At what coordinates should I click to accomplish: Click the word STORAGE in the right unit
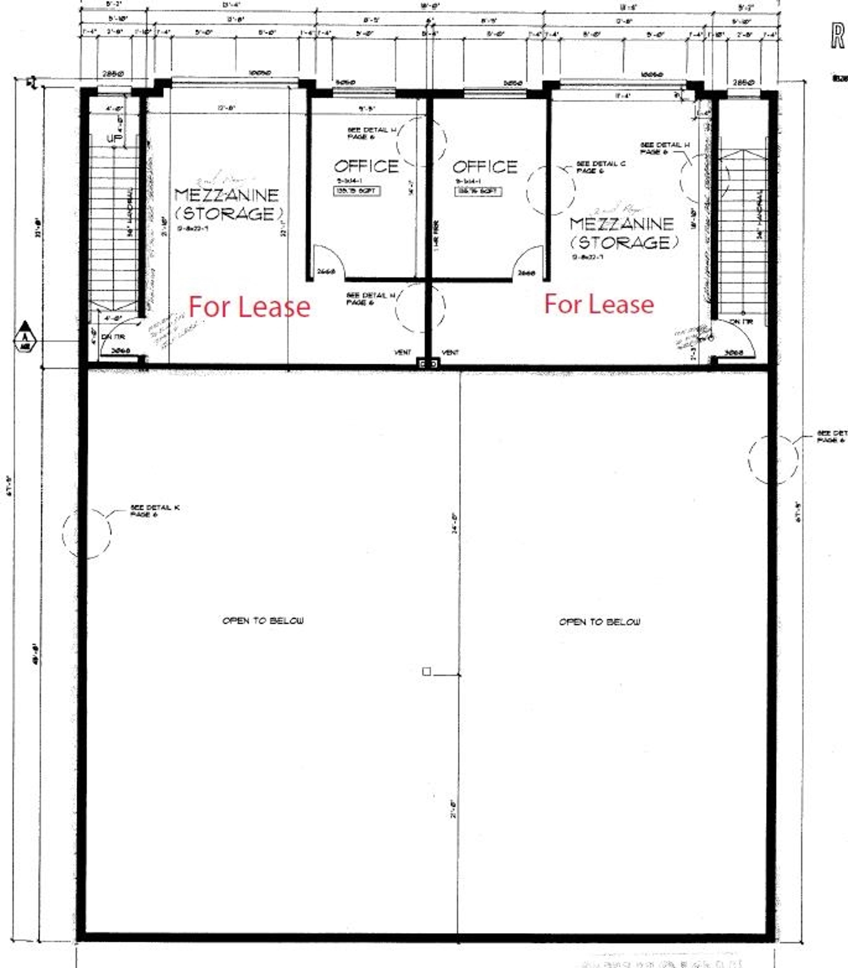[x=625, y=243]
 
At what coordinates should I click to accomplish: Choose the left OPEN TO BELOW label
[x=263, y=621]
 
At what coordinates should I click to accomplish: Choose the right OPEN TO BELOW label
[x=600, y=622]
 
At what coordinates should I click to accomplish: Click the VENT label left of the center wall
[x=403, y=352]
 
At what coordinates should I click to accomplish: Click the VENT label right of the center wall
[x=450, y=352]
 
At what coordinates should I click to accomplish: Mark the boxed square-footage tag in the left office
[x=357, y=191]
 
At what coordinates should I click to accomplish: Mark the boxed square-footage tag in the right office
[x=478, y=192]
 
